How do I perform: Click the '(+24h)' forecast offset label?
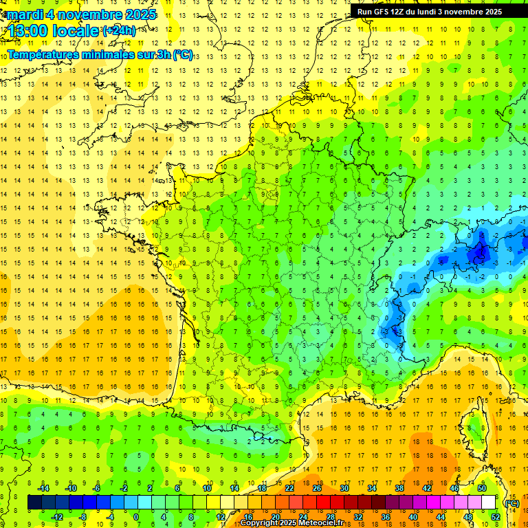click(119, 31)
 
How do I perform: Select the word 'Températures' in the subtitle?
click(43, 54)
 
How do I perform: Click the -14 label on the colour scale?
click(45, 487)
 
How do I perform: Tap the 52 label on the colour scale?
click(496, 517)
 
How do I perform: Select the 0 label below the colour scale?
click(136, 517)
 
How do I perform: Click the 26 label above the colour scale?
click(317, 487)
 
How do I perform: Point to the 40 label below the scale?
click(412, 517)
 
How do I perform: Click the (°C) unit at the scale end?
click(511, 503)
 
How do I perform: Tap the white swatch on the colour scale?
click(489, 503)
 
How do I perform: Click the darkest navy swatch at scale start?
click(34, 503)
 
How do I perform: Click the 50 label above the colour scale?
click(482, 487)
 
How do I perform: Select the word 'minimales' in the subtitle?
click(112, 54)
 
